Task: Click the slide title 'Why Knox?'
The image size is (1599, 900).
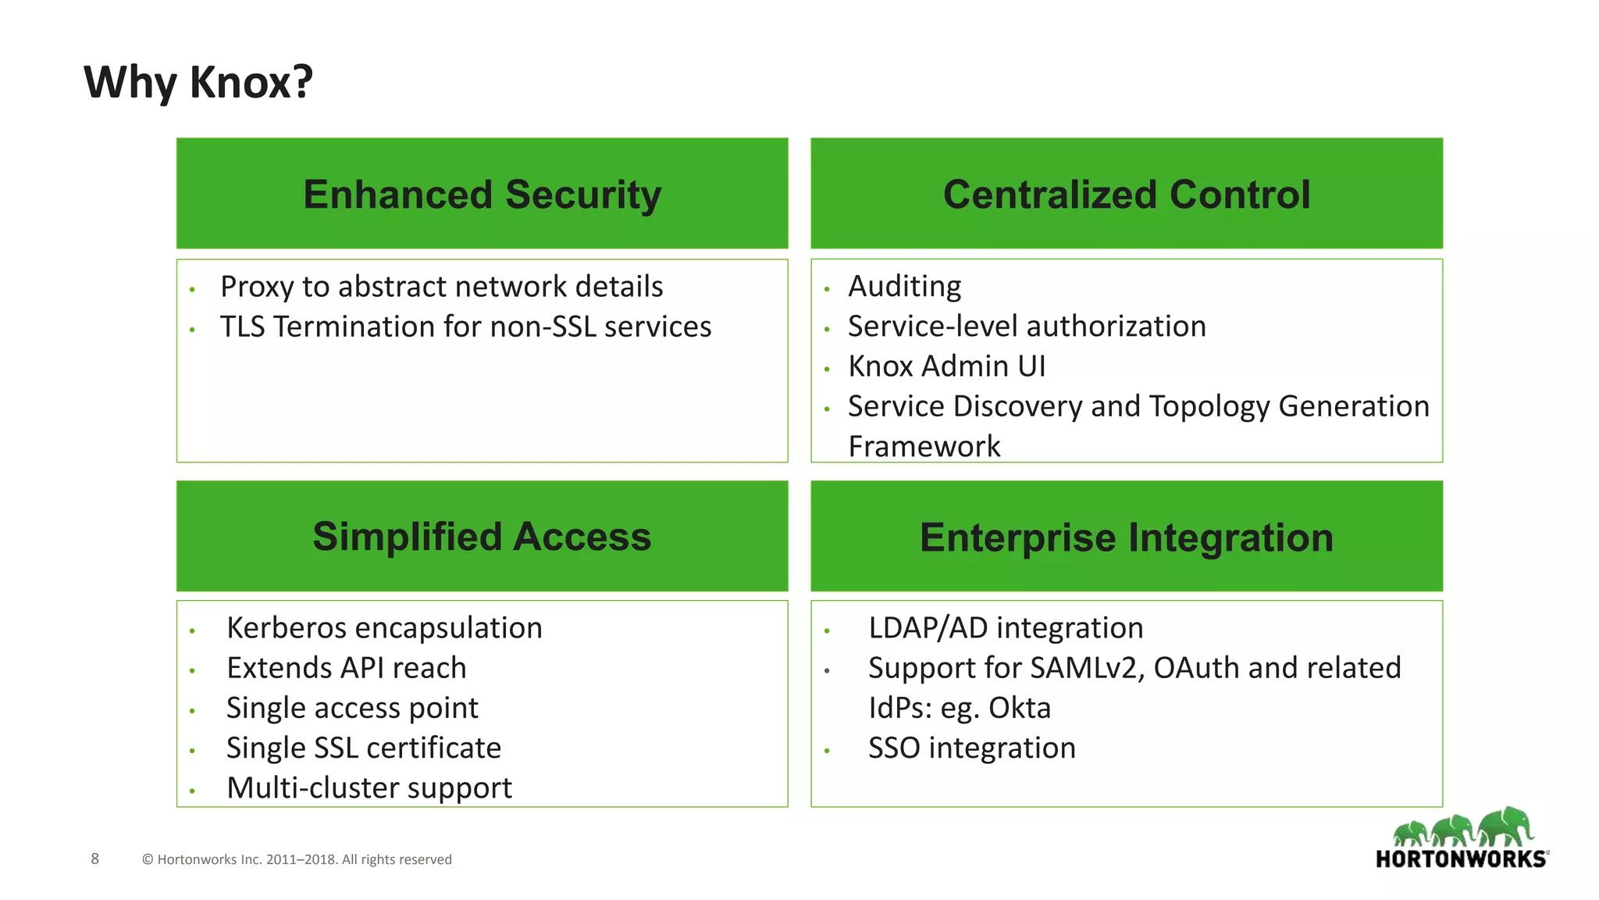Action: [198, 82]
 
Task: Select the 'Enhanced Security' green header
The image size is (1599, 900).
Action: [482, 194]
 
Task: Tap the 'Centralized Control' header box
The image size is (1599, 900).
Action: [1126, 194]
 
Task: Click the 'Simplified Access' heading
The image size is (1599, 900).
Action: [482, 537]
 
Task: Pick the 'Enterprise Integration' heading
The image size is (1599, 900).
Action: [1126, 537]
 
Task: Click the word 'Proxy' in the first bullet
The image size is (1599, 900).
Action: [256, 287]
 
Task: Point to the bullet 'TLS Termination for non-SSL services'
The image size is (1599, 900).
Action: [465, 327]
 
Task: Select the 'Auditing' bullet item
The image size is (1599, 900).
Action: [904, 286]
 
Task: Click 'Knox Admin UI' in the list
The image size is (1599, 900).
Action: [946, 366]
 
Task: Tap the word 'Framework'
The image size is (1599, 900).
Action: [924, 447]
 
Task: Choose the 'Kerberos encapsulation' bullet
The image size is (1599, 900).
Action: [384, 628]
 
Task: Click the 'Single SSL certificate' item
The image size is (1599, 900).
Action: [363, 748]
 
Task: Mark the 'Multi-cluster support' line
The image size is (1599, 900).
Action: [369, 788]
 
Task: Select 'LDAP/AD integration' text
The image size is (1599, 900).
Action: [1005, 628]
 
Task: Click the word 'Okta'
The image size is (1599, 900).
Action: [1019, 708]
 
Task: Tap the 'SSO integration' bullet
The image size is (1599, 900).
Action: [971, 748]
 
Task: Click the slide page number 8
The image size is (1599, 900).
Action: [95, 859]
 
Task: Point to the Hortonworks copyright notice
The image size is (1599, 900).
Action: [297, 859]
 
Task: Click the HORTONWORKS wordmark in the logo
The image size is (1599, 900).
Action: [1460, 859]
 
